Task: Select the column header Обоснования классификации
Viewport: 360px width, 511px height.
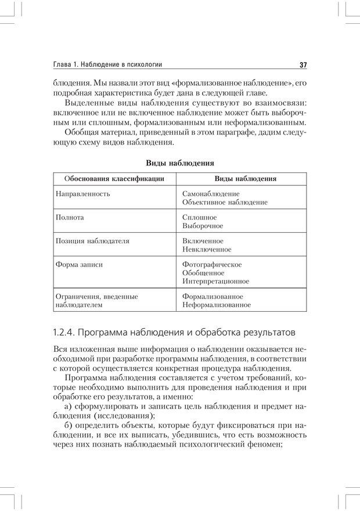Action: click(114, 179)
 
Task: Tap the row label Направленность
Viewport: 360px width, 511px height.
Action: click(82, 193)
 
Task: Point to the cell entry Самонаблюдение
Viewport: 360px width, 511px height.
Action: click(210, 193)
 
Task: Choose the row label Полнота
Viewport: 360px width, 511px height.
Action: click(70, 217)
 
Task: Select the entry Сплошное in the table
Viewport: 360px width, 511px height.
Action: click(199, 217)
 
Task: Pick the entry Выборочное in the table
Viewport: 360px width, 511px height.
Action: click(202, 226)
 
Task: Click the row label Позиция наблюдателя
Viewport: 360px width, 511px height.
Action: click(92, 240)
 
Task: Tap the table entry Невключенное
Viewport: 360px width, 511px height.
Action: click(206, 250)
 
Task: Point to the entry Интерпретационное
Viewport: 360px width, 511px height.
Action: click(215, 282)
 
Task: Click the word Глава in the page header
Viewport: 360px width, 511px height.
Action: click(63, 64)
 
